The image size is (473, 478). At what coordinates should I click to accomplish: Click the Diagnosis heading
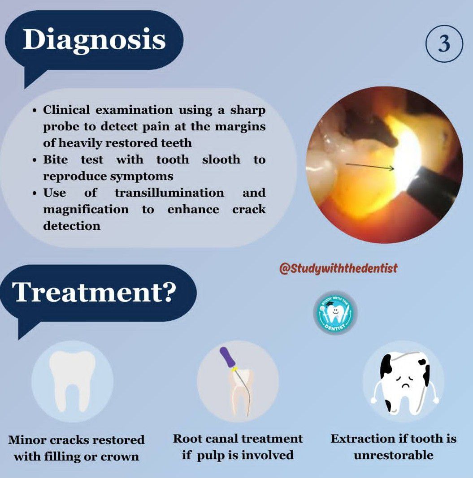94,40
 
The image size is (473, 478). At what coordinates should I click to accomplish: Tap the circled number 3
444,43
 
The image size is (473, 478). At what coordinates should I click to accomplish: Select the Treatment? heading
94,292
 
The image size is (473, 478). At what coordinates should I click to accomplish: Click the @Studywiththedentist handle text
338,269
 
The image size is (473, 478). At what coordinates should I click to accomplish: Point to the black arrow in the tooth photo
370,167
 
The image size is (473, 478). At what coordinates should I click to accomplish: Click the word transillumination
169,193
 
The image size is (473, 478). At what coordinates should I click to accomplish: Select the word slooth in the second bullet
221,159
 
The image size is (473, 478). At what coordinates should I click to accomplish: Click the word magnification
86,210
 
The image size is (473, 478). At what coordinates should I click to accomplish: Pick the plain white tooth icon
72,381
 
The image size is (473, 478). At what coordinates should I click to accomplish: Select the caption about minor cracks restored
76,448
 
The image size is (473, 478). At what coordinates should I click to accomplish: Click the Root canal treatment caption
238,447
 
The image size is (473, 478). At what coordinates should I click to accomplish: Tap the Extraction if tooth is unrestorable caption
394,447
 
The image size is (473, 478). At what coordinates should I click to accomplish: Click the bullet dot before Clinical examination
35,110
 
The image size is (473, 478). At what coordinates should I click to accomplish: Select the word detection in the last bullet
72,226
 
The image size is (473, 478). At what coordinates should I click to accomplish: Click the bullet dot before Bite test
35,160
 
